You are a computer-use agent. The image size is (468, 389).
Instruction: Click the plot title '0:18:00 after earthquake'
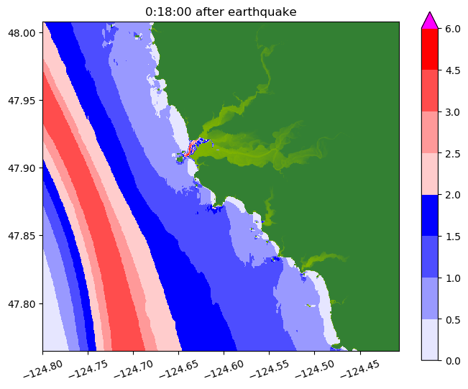221,12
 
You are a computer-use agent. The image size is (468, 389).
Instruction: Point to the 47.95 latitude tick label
24,100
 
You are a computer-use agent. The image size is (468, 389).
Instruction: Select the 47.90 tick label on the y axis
24,168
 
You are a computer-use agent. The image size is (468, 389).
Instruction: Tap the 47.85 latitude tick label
24,236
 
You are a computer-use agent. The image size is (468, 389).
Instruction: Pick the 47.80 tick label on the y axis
24,303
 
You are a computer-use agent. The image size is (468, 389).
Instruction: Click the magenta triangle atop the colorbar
429,20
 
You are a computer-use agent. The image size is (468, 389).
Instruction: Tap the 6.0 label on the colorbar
454,29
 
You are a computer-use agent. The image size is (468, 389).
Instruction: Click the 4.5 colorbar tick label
454,70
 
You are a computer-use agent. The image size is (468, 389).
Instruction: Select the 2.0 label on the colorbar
454,194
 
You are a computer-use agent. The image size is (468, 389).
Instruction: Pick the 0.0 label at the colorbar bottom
454,360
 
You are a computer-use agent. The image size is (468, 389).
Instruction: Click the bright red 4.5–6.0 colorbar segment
429,50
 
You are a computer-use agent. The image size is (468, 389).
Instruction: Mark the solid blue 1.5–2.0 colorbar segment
429,215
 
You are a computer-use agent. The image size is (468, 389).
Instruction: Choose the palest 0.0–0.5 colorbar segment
429,339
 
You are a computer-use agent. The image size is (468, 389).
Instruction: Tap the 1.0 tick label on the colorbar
454,278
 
